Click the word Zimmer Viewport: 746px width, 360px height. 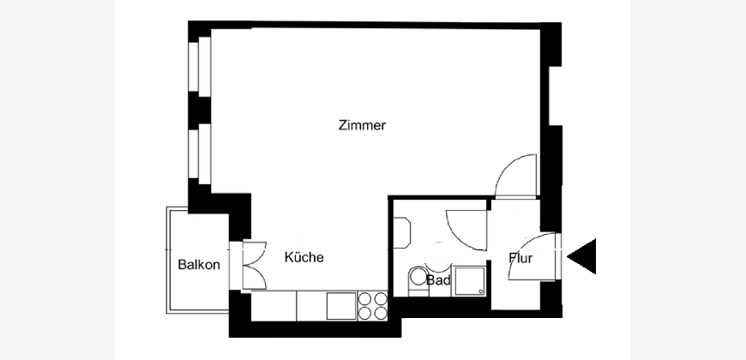(362, 125)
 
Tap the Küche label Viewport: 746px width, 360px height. (304, 257)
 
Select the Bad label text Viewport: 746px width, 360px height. (438, 280)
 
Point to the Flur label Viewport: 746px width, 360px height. (520, 259)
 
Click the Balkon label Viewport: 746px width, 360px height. (199, 264)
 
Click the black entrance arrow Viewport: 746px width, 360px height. (581, 256)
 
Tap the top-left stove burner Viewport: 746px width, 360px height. (365, 298)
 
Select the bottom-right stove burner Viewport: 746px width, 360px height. (381, 313)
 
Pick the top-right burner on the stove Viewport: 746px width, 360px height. (381, 298)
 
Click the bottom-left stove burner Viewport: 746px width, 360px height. (365, 313)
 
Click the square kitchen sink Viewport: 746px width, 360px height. (341, 306)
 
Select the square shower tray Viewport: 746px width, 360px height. (469, 281)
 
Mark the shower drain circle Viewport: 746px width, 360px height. (481, 291)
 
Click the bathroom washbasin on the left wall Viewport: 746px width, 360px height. (402, 232)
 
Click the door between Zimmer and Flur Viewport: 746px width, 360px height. (515, 176)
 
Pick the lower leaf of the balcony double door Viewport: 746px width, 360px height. (255, 277)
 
